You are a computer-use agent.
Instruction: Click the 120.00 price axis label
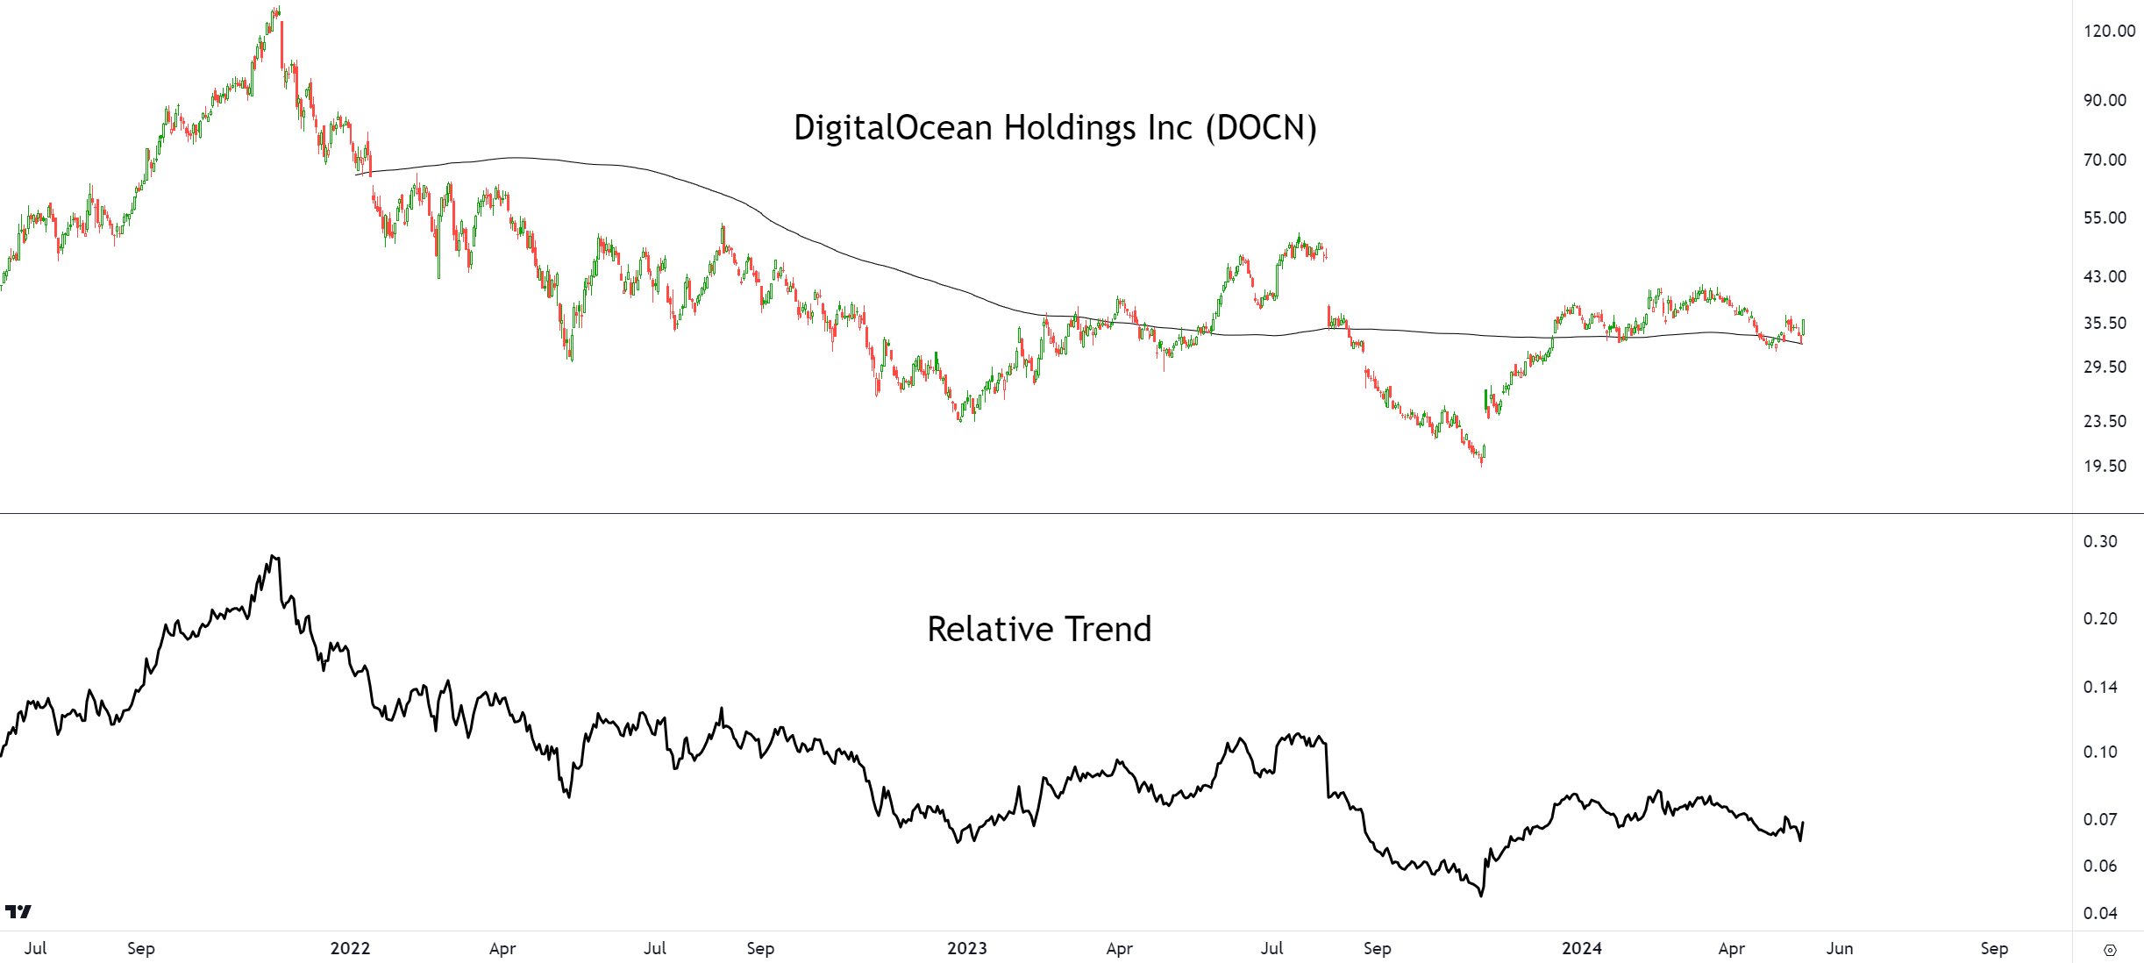pyautogui.click(x=2109, y=32)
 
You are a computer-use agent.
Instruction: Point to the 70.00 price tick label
pyautogui.click(x=2105, y=160)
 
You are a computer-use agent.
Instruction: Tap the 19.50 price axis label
pyautogui.click(x=2105, y=467)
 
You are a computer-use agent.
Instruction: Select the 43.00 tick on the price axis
pyautogui.click(x=2105, y=277)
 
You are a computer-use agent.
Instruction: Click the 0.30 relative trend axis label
pyautogui.click(x=2100, y=542)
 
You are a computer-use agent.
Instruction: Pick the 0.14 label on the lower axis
pyautogui.click(x=2100, y=688)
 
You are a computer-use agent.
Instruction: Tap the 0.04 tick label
pyautogui.click(x=2100, y=914)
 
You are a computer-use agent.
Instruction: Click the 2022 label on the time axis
pyautogui.click(x=350, y=949)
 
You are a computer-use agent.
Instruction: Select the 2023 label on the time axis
pyautogui.click(x=967, y=949)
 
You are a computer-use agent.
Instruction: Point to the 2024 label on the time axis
pyautogui.click(x=1582, y=949)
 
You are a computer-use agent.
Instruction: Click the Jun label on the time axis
pyautogui.click(x=1840, y=949)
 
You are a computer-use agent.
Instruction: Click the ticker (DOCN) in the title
pyautogui.click(x=1261, y=128)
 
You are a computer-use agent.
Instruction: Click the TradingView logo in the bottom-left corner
pyautogui.click(x=18, y=912)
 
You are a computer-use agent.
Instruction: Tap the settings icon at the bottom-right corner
pyautogui.click(x=2110, y=951)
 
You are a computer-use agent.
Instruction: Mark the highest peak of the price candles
pyautogui.click(x=278, y=9)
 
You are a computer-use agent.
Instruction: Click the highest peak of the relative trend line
pyautogui.click(x=273, y=556)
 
